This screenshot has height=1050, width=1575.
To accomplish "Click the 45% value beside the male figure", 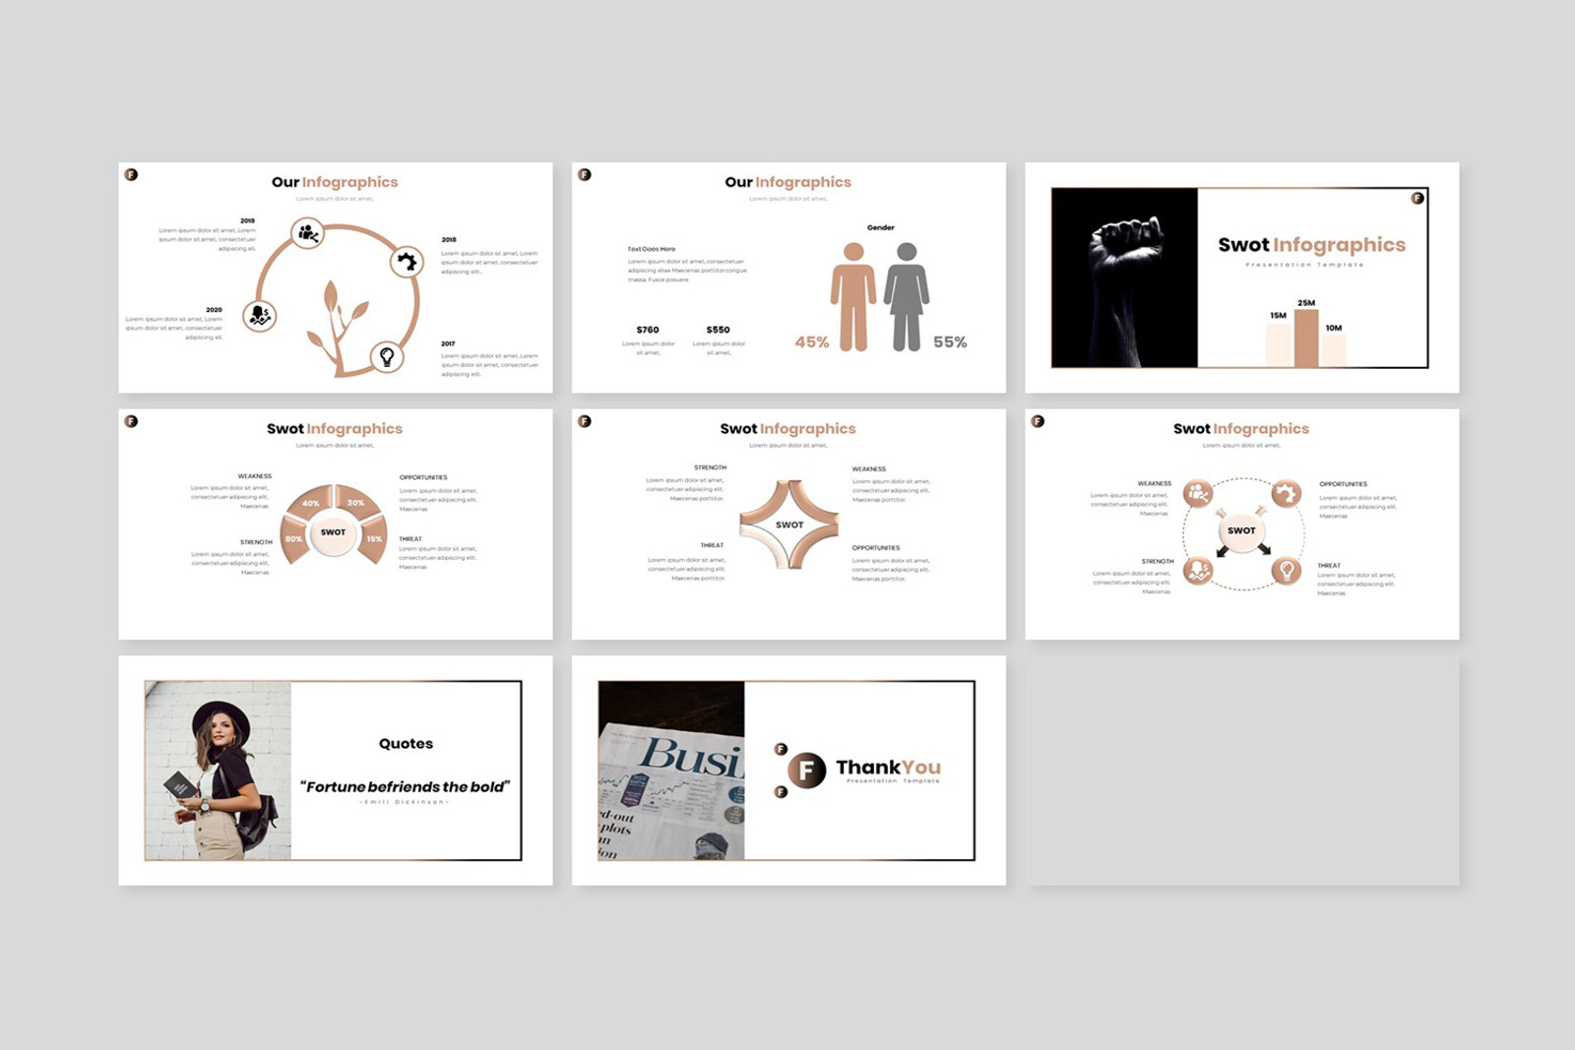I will [812, 342].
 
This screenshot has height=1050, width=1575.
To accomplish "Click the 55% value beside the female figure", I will [950, 342].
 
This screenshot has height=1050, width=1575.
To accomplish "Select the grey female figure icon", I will [907, 296].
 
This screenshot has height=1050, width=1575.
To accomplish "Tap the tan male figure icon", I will [853, 296].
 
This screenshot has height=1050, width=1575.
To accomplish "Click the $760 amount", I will [648, 330].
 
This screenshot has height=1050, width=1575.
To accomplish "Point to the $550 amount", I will [719, 330].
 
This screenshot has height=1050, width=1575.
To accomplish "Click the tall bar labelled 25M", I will [1306, 338].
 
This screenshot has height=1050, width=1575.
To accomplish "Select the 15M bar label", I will [1278, 316].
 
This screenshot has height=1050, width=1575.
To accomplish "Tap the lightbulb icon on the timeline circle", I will [387, 356].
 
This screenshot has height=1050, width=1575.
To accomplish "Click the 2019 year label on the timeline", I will [247, 220].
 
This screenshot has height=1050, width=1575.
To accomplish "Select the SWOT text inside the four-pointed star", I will [789, 525].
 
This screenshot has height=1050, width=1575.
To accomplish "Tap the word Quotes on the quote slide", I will [406, 744].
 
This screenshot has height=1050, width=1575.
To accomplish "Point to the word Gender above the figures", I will [881, 227].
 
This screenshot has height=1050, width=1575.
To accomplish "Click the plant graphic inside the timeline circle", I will [335, 325].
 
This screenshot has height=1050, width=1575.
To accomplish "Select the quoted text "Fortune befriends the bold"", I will [406, 787].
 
